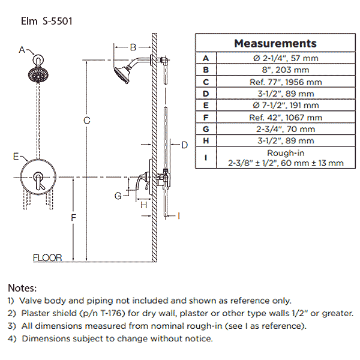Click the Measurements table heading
[x=275, y=43]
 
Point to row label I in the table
[x=206, y=158]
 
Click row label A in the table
[x=206, y=58]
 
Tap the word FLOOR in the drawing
[x=47, y=258]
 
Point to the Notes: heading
[x=22, y=288]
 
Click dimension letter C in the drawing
[x=87, y=121]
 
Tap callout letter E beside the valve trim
[x=17, y=157]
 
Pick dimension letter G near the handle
[x=118, y=196]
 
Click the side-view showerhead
[x=124, y=74]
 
